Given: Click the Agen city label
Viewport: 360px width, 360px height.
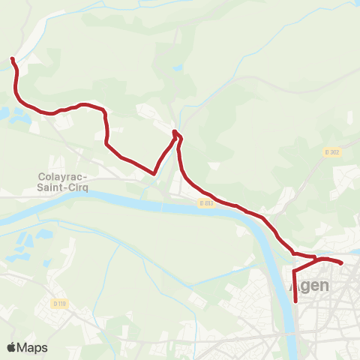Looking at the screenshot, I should pos(308,287).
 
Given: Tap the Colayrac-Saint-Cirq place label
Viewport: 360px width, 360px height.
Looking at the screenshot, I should pos(63,182).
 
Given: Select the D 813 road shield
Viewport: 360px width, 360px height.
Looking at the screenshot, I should pos(207,202).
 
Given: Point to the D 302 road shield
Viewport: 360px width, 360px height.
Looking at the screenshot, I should pos(333,151).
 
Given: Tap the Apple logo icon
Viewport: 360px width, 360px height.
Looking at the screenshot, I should pos(12,347).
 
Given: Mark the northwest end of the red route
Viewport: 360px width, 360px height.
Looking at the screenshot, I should pos(11,58).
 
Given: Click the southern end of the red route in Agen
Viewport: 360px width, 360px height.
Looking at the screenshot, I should pos(296,301).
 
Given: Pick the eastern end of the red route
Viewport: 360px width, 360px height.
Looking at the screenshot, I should pos(342,263).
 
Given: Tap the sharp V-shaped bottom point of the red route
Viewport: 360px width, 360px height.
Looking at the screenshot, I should pos(154,173).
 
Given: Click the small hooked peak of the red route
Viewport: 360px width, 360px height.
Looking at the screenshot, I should pos(175,132).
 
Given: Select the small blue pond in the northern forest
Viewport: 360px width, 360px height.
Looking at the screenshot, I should pos(176,67).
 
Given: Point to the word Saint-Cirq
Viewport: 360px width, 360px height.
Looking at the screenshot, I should pos(63,187).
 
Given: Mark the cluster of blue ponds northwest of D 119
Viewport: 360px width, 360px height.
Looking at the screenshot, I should pos(21,244).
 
